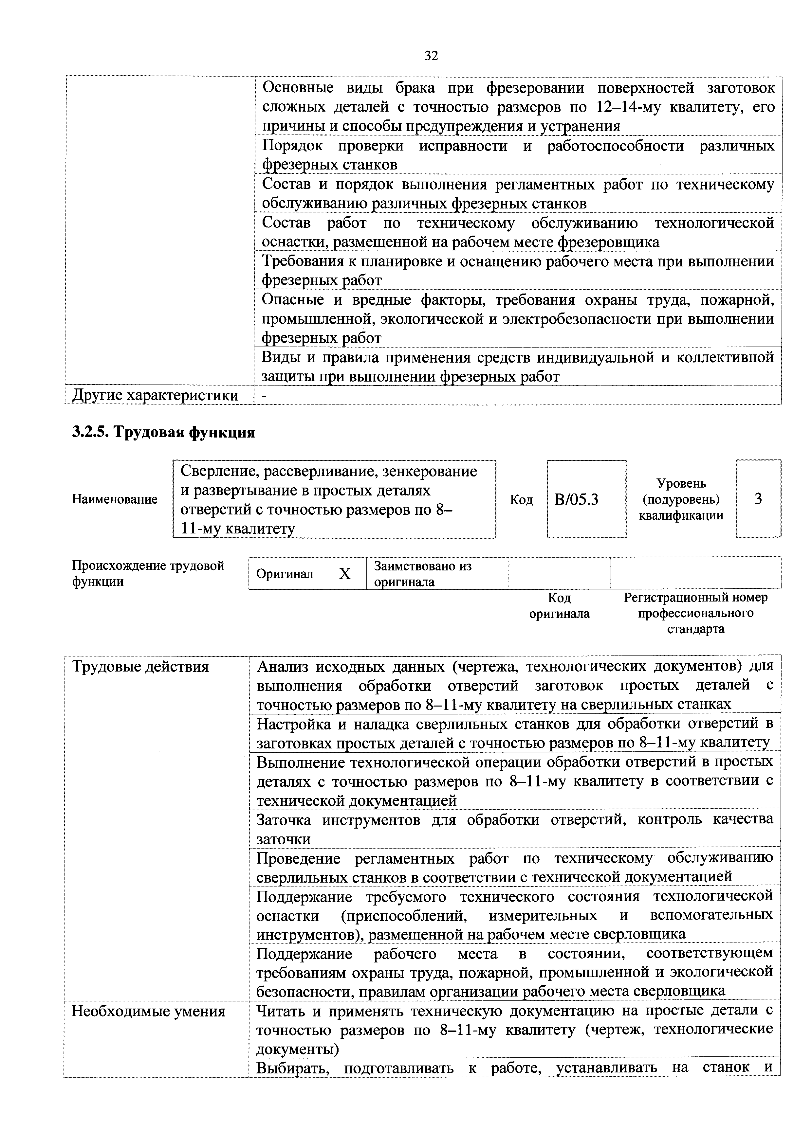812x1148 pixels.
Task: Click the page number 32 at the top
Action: pyautogui.click(x=431, y=56)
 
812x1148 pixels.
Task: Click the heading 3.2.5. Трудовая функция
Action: pyautogui.click(x=164, y=432)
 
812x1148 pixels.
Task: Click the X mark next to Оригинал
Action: pyautogui.click(x=345, y=574)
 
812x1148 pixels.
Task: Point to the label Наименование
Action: pyautogui.click(x=115, y=499)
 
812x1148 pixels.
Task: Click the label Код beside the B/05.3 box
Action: pyautogui.click(x=521, y=499)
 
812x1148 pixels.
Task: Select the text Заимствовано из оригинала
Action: pyautogui.click(x=423, y=573)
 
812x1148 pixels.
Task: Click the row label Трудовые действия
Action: pyautogui.click(x=140, y=667)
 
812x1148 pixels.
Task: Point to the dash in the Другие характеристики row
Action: pyautogui.click(x=265, y=396)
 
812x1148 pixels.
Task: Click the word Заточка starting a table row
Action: pyautogui.click(x=283, y=820)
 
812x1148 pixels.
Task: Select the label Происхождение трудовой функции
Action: pyautogui.click(x=148, y=573)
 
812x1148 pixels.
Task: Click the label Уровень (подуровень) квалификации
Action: pyautogui.click(x=681, y=499)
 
